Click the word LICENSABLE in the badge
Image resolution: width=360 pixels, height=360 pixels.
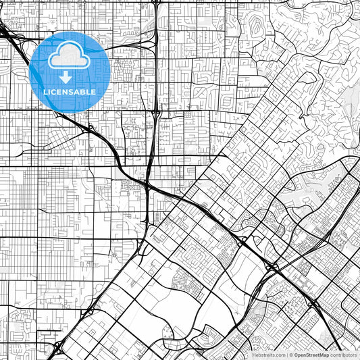point(70,92)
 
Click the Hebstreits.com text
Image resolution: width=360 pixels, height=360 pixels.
point(269,355)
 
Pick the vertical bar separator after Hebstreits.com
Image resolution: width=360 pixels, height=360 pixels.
point(286,355)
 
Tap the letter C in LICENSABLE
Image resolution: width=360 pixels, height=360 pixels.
point(54,92)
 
